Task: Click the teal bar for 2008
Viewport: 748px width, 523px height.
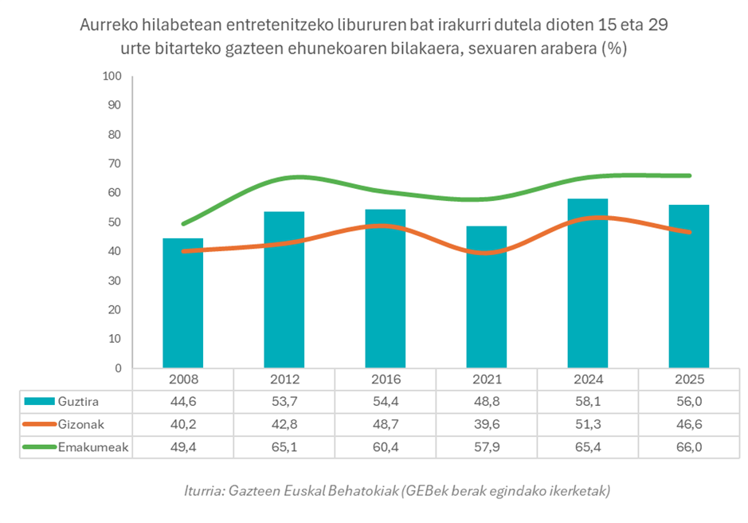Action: coord(182,303)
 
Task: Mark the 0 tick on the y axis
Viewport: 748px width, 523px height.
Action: coord(116,368)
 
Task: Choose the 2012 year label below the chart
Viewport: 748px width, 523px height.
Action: coord(284,380)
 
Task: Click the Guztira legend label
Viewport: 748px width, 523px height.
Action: coord(80,402)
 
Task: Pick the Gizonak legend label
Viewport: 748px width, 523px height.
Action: coord(80,425)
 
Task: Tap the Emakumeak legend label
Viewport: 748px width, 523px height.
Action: coord(89,447)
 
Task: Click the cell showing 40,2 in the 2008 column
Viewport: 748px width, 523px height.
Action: coord(182,425)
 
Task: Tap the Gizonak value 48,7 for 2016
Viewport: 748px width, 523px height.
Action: coord(385,425)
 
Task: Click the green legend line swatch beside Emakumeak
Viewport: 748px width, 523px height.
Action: coord(40,447)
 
